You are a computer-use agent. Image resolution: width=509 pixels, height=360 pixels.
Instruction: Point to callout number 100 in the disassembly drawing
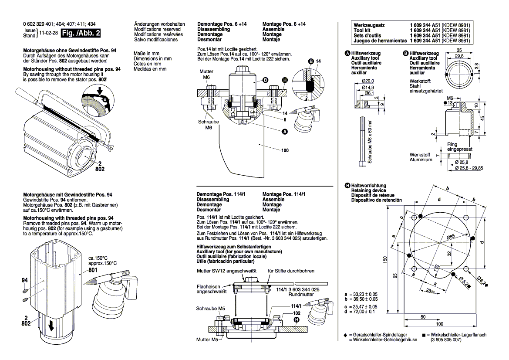point(285,150)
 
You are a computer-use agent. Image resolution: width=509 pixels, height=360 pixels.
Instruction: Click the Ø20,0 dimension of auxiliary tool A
point(368,81)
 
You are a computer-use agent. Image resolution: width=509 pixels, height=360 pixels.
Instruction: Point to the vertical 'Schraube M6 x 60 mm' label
point(370,142)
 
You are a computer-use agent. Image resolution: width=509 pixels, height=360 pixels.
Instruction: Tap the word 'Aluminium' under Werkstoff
point(421,160)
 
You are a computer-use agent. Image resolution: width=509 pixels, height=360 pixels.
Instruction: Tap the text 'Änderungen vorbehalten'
point(159,24)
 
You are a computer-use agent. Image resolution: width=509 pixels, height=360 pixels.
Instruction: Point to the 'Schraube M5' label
point(210,309)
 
